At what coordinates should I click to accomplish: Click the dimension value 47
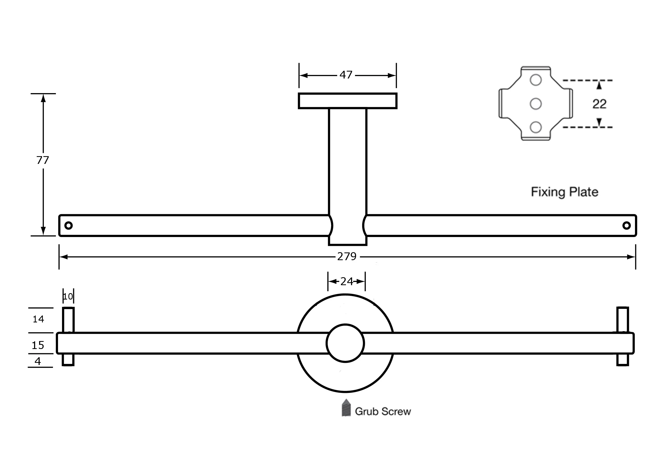pos(346,75)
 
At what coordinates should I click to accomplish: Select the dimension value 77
pos(43,160)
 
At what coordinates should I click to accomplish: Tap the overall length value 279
pos(347,256)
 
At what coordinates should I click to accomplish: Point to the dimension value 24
pos(347,281)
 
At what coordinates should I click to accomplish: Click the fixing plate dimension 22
pos(599,104)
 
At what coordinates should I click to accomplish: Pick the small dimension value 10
pos(68,297)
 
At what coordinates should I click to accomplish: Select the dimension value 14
pos(38,319)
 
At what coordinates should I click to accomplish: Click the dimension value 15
pos(38,345)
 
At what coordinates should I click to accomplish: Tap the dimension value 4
pos(38,361)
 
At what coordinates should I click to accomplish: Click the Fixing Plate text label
pos(564,192)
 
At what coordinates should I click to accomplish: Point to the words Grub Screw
pos(383,412)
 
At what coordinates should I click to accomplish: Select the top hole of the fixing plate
pos(536,80)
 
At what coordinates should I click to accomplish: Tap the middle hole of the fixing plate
pos(536,104)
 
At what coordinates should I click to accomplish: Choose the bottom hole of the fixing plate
pos(536,127)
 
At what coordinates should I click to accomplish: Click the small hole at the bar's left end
pos(68,225)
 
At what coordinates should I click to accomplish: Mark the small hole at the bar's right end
pos(627,225)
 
